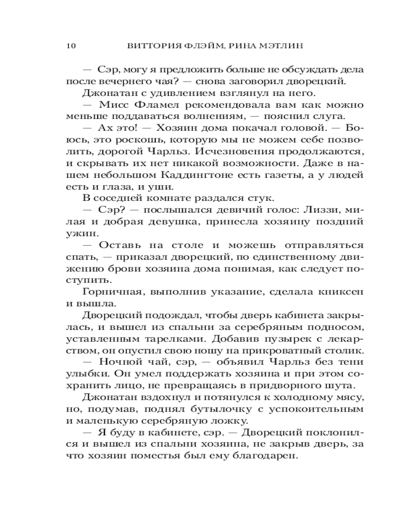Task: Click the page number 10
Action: [71, 46]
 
